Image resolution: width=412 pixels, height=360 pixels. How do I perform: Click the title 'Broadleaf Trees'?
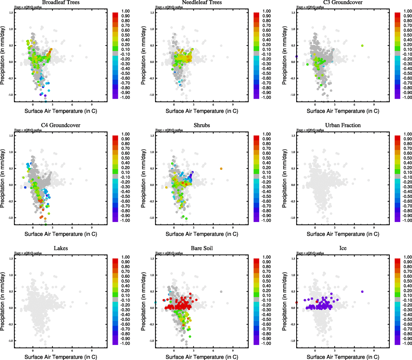61,2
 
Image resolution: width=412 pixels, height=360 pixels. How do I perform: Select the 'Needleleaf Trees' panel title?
202,2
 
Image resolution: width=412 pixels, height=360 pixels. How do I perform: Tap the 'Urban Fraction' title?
343,125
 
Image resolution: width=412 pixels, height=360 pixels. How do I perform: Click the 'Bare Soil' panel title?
202,248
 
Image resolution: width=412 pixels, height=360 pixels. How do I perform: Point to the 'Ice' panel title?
343,248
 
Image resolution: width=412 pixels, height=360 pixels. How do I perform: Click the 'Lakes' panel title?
61,248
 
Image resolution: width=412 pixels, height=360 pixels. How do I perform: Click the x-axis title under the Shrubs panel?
202,234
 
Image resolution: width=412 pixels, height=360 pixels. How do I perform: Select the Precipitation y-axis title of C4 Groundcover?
3,178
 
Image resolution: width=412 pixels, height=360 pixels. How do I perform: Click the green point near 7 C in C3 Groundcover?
362,46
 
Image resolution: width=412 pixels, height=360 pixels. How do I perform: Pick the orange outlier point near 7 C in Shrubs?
221,169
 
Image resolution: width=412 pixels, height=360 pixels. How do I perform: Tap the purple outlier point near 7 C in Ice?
362,292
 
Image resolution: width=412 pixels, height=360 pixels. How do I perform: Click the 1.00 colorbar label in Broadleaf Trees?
125,11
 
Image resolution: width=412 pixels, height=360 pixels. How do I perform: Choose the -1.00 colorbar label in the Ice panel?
407,343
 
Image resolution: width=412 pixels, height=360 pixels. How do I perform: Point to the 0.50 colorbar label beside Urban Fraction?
407,158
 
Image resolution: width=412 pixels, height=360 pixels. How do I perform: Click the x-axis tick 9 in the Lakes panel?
92,350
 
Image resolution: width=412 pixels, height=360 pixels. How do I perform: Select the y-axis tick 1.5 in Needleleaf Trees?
152,13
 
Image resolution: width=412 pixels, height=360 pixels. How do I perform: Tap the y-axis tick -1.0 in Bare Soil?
152,341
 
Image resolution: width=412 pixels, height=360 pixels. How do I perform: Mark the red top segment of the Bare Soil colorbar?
256,259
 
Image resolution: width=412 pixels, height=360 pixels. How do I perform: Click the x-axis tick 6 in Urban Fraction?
354,227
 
